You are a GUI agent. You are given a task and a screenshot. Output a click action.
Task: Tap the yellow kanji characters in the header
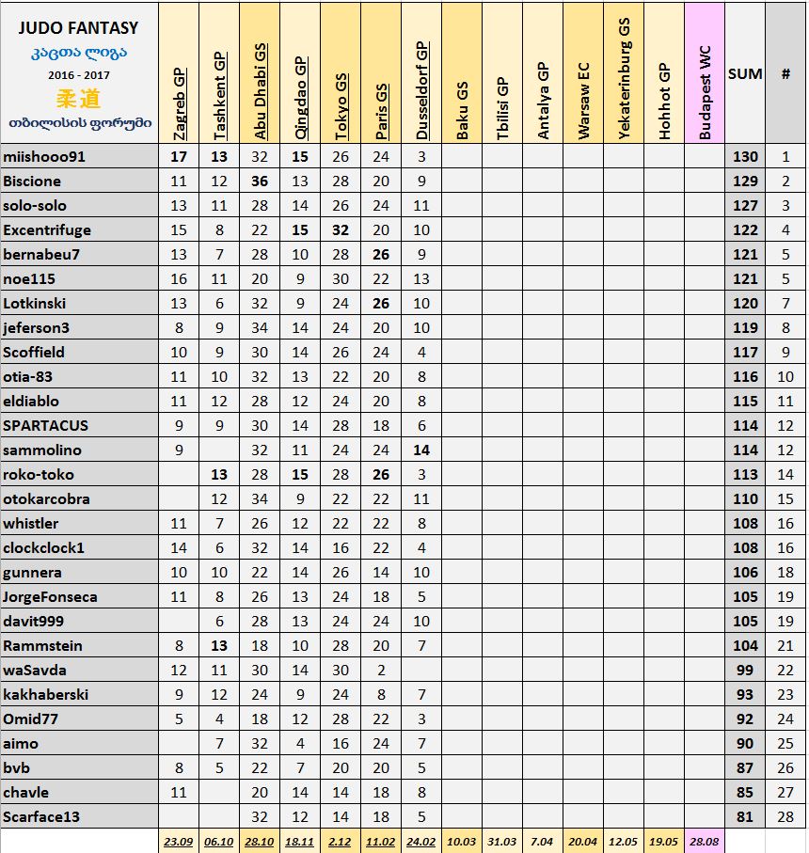pos(78,98)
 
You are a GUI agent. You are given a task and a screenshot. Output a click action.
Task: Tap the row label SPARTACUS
pos(46,426)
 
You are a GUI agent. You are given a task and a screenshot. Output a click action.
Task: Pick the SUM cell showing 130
pos(745,157)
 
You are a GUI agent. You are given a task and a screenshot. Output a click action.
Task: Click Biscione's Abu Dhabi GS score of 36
pos(260,182)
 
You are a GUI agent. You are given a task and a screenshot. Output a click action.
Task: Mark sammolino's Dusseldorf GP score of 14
pos(421,450)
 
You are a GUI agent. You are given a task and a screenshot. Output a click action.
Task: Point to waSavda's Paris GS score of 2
pos(381,671)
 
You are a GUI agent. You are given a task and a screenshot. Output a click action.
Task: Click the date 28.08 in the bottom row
pos(704,841)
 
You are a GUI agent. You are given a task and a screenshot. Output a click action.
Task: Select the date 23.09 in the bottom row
pos(179,841)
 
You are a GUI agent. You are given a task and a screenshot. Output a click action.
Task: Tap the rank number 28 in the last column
pos(785,817)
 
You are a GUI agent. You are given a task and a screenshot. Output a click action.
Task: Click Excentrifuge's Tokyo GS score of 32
pos(341,230)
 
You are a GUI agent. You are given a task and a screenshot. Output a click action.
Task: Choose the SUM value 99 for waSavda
pos(745,671)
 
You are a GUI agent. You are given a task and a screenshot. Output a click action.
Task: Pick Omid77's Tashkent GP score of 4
pos(219,719)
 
